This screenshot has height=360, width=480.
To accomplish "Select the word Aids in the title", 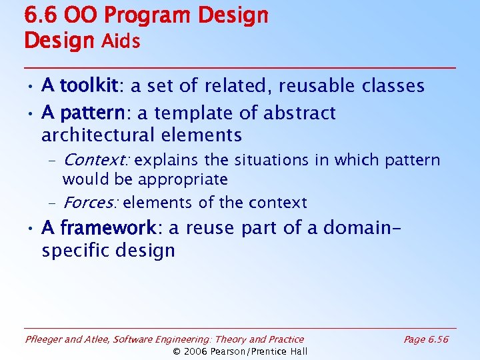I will pos(121,41).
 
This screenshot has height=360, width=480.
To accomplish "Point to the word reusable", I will pos(320,86).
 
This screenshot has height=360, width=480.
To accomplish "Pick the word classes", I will pos(393,86).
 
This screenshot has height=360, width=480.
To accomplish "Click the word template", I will pos(203,114).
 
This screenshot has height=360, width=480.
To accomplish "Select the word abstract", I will pos(299,113).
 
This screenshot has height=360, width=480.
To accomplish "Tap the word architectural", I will pos(99,135).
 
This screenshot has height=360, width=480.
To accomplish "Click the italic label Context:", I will pos(97,160).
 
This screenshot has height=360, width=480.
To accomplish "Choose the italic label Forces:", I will pos(91,203).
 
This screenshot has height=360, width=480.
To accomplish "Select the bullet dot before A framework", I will pos(31,229).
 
